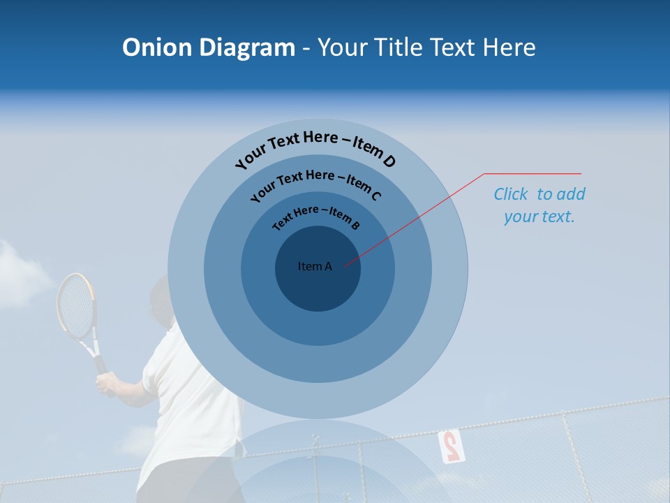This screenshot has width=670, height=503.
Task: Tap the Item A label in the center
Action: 315,266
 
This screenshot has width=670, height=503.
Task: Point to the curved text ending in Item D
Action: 315,145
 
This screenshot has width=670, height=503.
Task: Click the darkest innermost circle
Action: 318,286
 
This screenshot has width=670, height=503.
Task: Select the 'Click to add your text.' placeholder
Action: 539,205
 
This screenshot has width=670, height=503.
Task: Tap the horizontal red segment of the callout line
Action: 533,173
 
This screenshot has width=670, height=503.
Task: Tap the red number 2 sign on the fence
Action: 450,446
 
